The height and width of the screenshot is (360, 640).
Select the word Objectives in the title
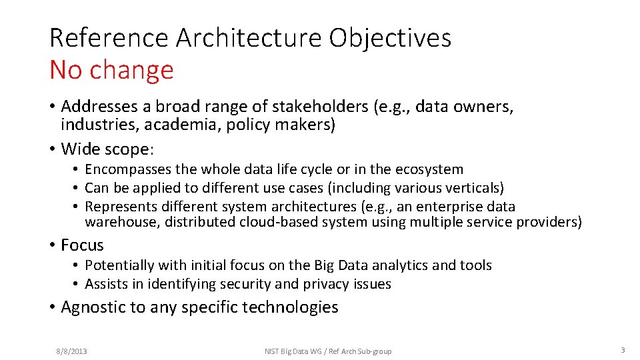pyautogui.click(x=390, y=38)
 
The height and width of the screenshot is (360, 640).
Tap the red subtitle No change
pyautogui.click(x=111, y=70)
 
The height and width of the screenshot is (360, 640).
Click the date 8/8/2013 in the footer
pyautogui.click(x=71, y=351)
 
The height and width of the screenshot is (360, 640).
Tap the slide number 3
pyautogui.click(x=622, y=351)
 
